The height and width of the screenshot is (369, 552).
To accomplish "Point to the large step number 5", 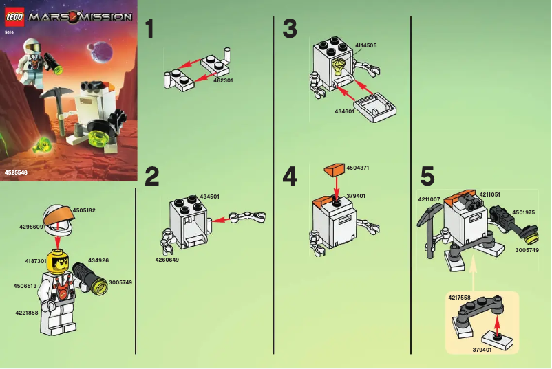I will pyautogui.click(x=427, y=177).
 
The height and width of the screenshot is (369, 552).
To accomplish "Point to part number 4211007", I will pyautogui.click(x=429, y=199).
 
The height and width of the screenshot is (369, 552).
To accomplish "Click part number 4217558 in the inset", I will pyautogui.click(x=460, y=298).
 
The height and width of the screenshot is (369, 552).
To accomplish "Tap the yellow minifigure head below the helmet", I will pyautogui.click(x=57, y=262).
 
